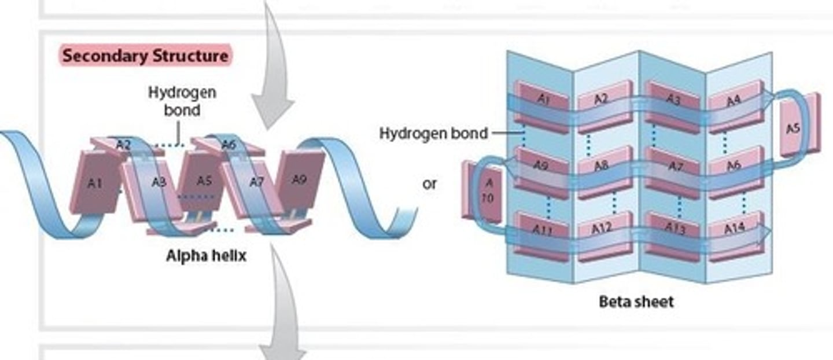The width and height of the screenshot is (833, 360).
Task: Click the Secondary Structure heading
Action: [x=145, y=56]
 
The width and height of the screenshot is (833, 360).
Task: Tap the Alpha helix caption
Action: [x=206, y=255]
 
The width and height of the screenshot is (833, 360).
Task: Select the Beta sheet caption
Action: [x=636, y=302]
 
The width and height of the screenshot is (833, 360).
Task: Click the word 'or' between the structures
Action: [x=429, y=185]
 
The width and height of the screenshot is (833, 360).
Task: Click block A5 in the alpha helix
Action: [x=204, y=181]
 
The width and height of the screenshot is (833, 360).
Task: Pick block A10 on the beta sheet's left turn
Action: [x=482, y=192]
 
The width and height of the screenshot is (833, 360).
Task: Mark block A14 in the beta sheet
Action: [x=734, y=230]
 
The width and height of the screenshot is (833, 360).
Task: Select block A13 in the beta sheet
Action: [x=673, y=230]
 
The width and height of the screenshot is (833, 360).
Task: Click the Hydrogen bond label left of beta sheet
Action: [x=433, y=134]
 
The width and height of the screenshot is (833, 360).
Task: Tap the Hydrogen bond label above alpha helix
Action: [x=182, y=101]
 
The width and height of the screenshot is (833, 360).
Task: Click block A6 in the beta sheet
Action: [x=734, y=165]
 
